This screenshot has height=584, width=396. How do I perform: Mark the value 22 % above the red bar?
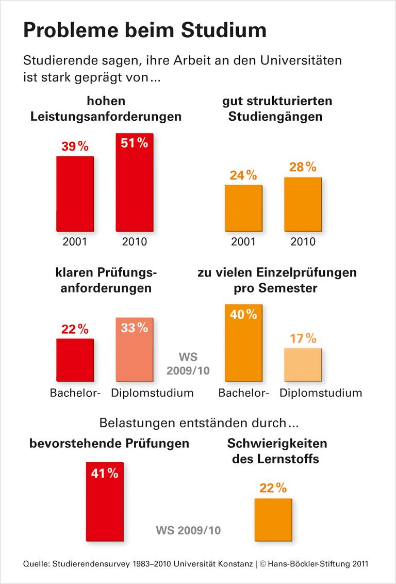click(x=75, y=329)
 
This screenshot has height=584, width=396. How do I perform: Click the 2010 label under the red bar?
click(x=134, y=241)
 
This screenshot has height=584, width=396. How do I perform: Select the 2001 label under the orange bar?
click(x=243, y=241)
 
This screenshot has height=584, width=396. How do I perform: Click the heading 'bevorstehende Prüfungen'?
click(x=109, y=443)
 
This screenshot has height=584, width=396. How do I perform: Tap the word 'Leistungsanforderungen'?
click(x=106, y=116)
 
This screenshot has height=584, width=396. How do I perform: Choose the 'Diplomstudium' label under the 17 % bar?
click(x=321, y=393)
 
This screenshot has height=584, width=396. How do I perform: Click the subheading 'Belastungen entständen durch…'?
click(x=198, y=424)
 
